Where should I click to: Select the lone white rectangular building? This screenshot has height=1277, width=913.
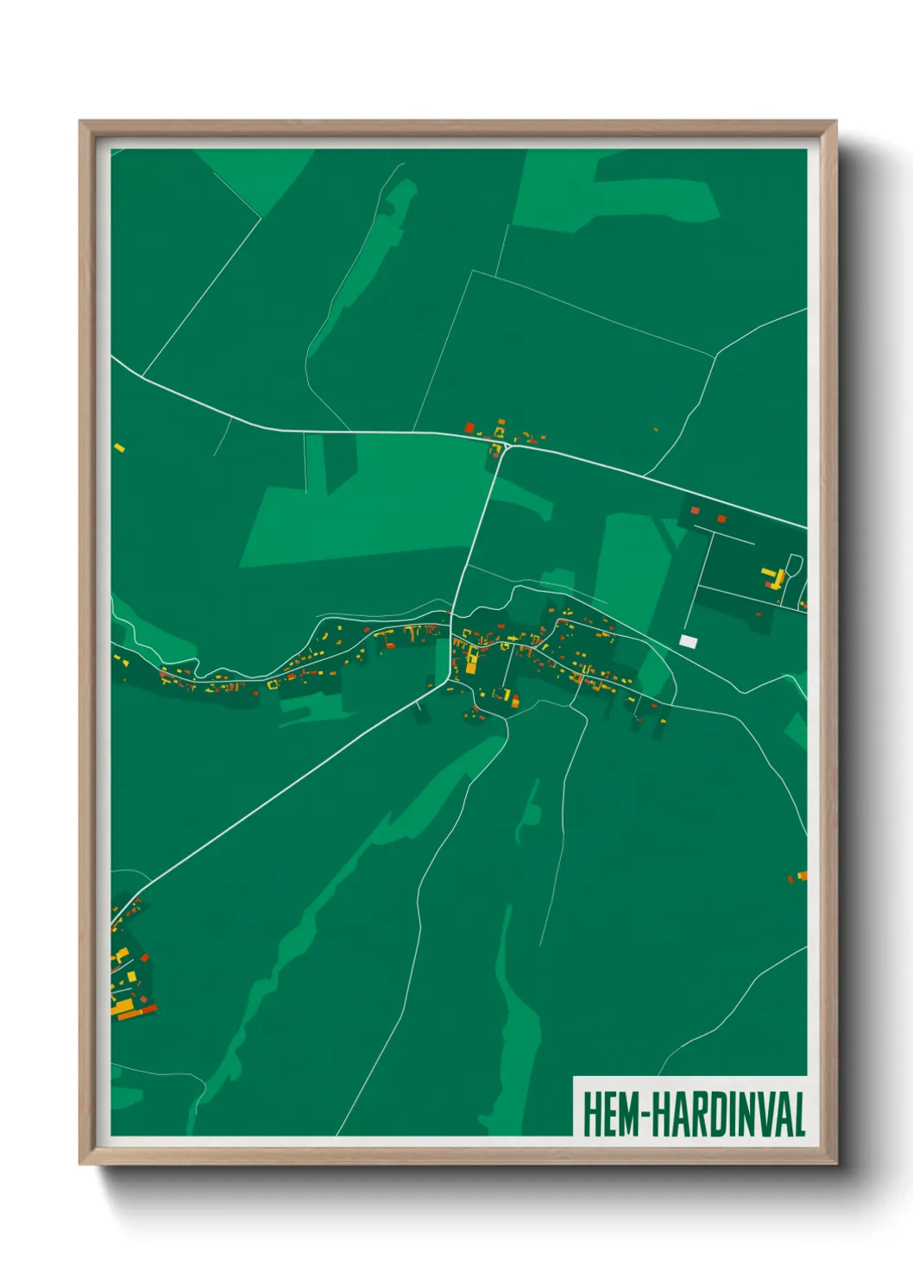click(x=688, y=641)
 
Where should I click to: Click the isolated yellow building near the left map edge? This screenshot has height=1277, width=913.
click(x=120, y=447)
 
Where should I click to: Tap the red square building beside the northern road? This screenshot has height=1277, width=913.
click(x=469, y=427)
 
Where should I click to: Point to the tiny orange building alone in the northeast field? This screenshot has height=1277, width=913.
click(x=656, y=430)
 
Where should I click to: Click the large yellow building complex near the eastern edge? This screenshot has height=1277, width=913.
click(x=774, y=576)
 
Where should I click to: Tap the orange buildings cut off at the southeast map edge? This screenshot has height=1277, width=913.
click(x=799, y=877)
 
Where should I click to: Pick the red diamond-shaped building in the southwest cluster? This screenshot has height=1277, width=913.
click(x=144, y=957)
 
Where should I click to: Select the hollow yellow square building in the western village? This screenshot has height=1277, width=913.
click(x=273, y=684)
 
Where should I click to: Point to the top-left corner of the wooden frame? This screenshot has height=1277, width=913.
click(x=80, y=122)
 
